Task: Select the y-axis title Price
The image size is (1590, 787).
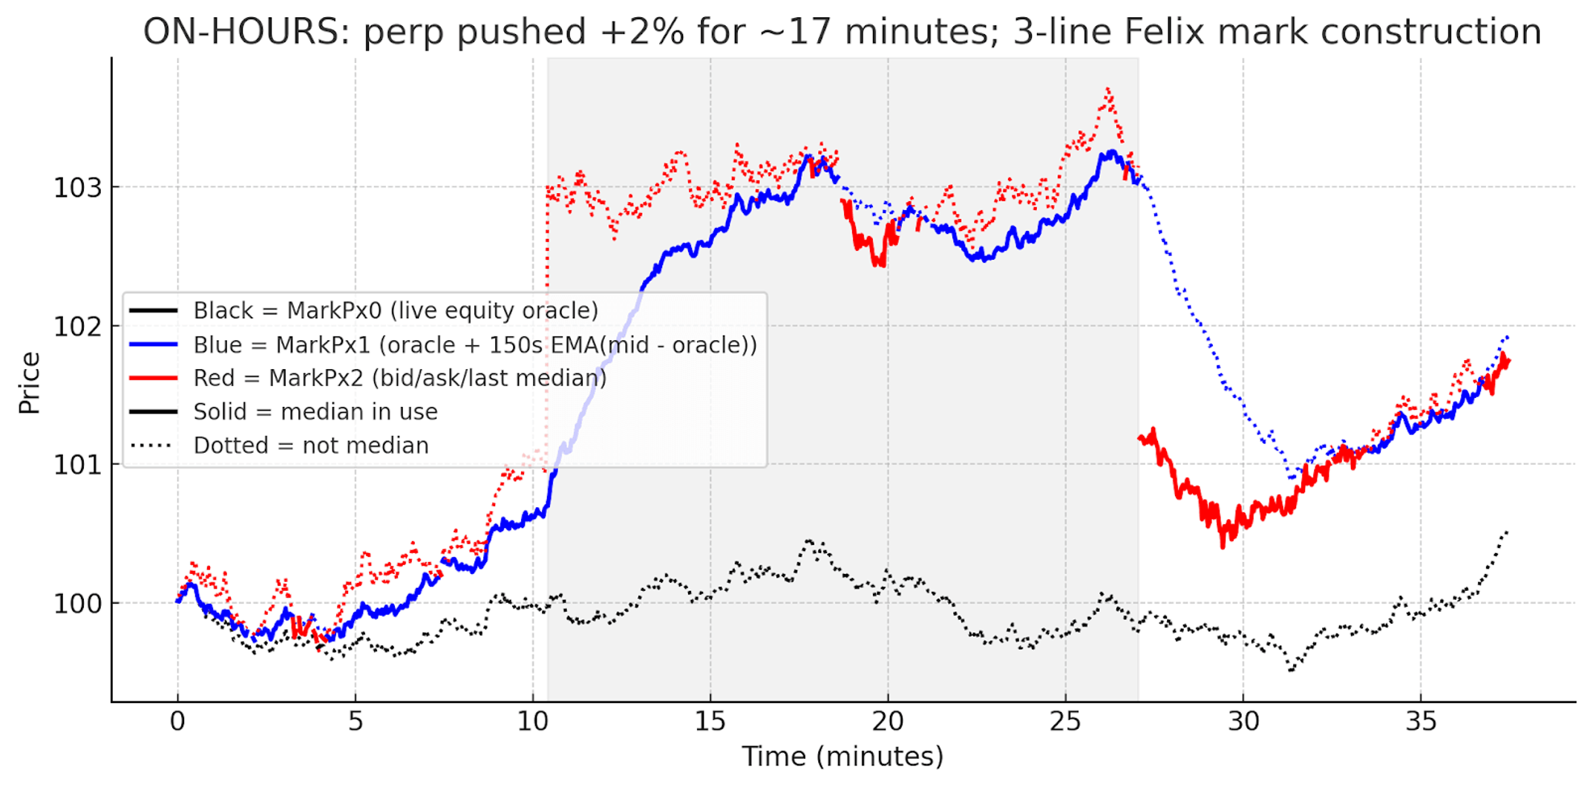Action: (x=30, y=382)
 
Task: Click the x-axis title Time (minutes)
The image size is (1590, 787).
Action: (x=843, y=756)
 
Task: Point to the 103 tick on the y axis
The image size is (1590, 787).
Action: (x=77, y=188)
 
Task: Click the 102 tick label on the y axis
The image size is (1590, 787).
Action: (x=77, y=326)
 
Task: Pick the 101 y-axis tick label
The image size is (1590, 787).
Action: (x=77, y=465)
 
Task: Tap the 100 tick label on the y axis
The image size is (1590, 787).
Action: (x=77, y=604)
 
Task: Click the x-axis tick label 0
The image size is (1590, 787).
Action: (x=177, y=721)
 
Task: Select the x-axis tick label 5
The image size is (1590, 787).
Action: (x=355, y=721)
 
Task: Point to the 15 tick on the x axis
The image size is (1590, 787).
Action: (x=710, y=721)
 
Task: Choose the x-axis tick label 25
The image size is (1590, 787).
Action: (x=1065, y=721)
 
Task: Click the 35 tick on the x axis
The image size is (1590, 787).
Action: (x=1421, y=721)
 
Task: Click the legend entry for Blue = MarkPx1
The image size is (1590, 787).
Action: (x=475, y=345)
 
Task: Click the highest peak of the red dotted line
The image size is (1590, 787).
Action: (x=1108, y=89)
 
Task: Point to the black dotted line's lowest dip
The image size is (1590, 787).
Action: (x=1292, y=670)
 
